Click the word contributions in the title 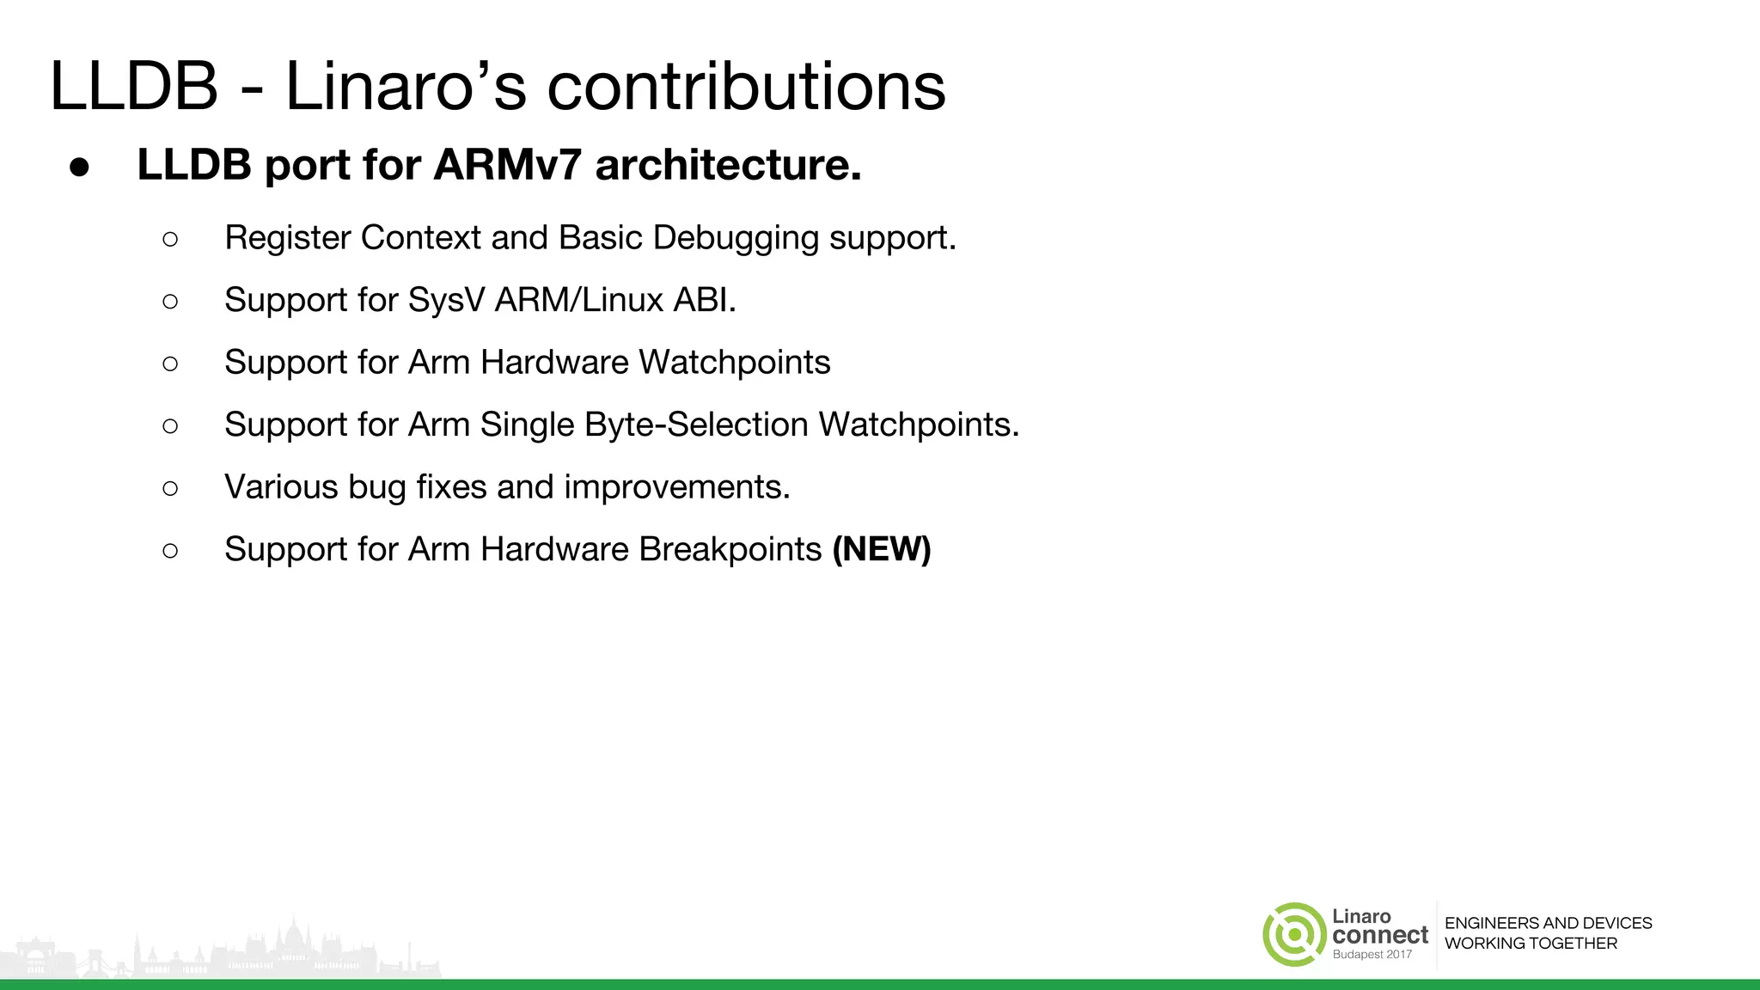point(745,87)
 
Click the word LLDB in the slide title point(134,87)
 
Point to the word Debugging point(736,238)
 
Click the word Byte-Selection point(644,425)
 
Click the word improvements point(676,487)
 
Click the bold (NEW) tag point(882,550)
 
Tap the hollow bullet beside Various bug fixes point(170,488)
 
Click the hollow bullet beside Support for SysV point(170,301)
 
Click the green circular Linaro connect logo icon point(1294,934)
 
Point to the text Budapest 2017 point(1372,955)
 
